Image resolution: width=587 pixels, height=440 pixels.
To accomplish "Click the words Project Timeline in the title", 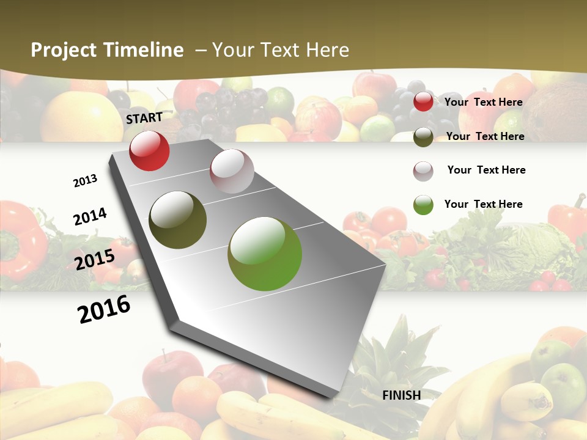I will [x=107, y=50].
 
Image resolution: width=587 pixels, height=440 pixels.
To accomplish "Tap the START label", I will [x=144, y=118].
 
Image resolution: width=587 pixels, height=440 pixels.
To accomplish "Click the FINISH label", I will [x=402, y=395].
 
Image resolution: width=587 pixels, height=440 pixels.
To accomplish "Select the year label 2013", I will [x=85, y=181].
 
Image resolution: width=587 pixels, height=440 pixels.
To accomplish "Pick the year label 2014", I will [x=90, y=217].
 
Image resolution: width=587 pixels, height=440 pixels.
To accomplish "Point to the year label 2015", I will [x=95, y=260].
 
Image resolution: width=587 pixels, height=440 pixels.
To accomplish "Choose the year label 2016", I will [x=104, y=309].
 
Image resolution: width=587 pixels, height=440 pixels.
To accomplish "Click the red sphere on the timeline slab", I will [x=149, y=151].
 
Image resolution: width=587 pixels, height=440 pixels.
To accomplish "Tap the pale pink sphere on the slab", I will [x=232, y=171].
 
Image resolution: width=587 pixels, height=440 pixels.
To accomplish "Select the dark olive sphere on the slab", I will [x=177, y=220].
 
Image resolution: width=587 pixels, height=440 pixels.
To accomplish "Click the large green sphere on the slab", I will [x=265, y=254].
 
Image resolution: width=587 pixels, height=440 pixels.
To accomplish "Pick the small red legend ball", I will [x=423, y=102].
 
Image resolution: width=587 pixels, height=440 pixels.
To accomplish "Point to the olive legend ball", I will [x=423, y=137].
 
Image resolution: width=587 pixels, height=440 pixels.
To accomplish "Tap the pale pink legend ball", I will [x=423, y=171].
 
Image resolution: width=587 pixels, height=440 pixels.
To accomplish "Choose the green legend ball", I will [x=423, y=205].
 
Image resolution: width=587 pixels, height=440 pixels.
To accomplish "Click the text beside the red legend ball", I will [x=483, y=102].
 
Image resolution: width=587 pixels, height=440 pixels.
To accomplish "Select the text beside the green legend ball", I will [x=483, y=204].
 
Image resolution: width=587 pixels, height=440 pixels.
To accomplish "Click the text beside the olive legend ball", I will [x=485, y=136].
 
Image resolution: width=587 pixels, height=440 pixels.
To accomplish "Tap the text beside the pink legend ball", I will [x=486, y=170].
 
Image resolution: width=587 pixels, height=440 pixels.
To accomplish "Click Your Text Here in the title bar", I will [x=281, y=50].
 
